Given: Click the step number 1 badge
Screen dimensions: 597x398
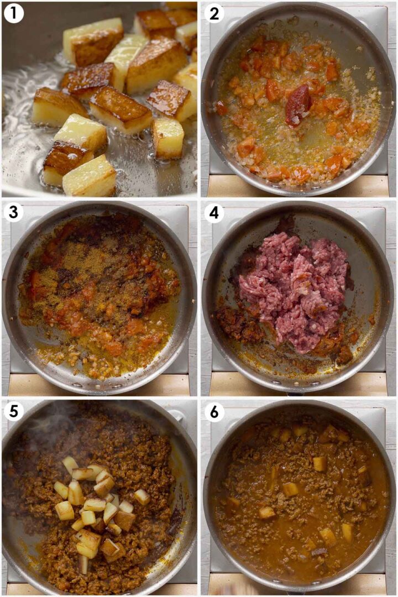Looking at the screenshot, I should click(x=13, y=13).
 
